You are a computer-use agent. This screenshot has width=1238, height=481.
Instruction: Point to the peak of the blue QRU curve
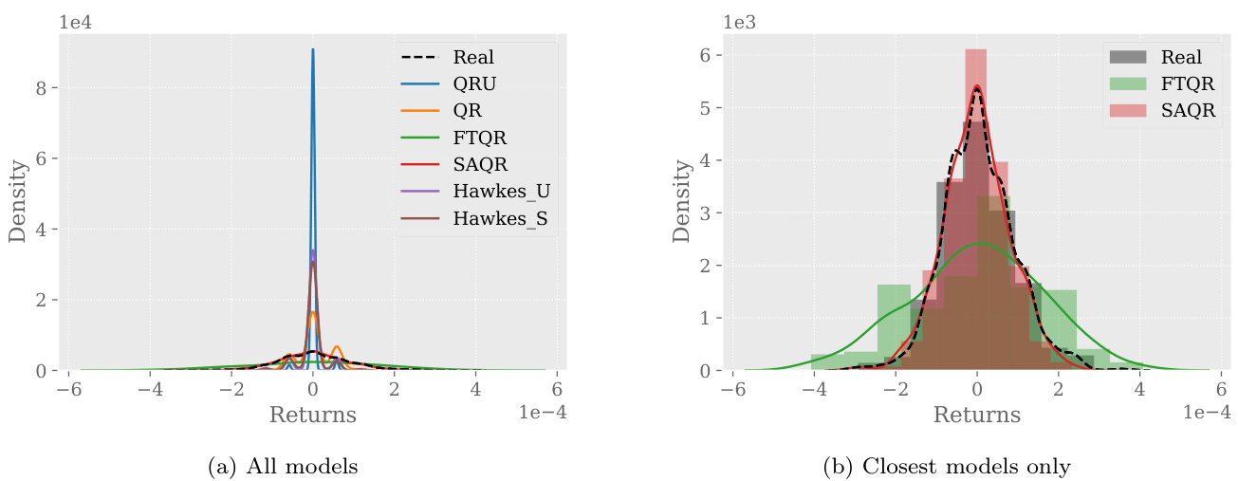(x=313, y=51)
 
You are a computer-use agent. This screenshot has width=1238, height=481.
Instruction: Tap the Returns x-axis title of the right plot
(x=977, y=415)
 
